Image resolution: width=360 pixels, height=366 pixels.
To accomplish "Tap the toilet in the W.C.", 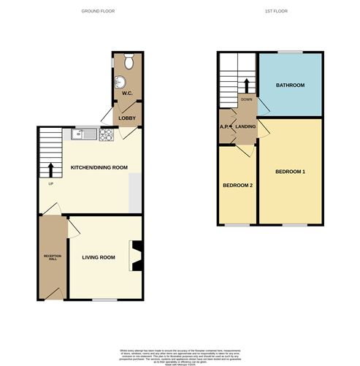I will (x=129, y=64).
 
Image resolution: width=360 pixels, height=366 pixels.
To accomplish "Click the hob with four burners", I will (x=106, y=134).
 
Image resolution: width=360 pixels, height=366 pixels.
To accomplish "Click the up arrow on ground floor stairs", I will (x=50, y=170).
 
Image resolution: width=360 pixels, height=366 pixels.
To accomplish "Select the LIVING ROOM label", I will (x=99, y=257).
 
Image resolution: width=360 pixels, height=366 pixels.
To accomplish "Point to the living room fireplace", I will (x=136, y=256).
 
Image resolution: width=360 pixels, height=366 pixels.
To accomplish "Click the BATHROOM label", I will (x=289, y=85).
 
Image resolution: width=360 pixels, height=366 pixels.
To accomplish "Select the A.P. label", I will (x=224, y=126).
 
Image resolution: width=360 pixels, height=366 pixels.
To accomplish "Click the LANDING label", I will (x=245, y=126).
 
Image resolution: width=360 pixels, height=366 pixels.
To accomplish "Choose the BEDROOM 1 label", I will (x=290, y=172).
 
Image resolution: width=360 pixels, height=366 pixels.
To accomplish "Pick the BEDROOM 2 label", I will (x=237, y=185).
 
